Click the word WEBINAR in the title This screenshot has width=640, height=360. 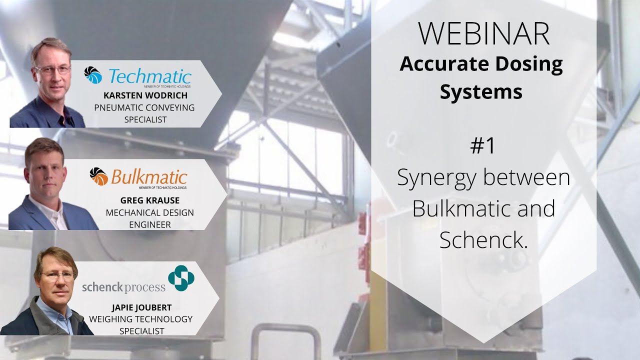click(483, 34)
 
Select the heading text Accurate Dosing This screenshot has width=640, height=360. click(481, 64)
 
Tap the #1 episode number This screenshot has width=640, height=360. click(482, 145)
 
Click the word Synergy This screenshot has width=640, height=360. click(435, 178)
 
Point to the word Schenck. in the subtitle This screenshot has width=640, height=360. click(483, 240)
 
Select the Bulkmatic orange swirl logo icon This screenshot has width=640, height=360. click(98, 176)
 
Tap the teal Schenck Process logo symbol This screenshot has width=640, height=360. click(181, 278)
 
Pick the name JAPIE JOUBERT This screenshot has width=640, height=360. click(140, 307)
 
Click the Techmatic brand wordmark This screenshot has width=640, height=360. click(149, 76)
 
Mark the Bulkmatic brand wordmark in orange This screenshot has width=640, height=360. click(149, 177)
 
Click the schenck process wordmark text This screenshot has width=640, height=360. click(123, 287)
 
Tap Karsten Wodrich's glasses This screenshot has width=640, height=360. click(52, 69)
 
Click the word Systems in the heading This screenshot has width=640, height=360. click(481, 92)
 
